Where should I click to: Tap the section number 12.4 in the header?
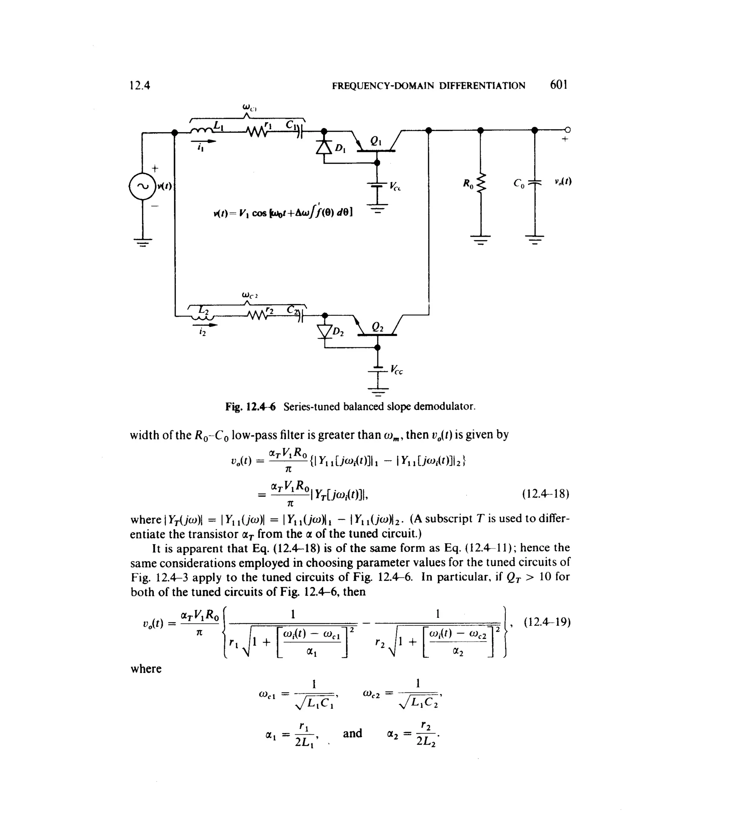(140, 85)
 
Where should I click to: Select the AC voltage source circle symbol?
(142, 186)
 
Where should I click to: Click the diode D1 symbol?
(324, 147)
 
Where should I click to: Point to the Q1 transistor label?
(376, 141)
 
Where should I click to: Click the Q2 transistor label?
(377, 327)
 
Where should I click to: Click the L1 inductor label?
(219, 125)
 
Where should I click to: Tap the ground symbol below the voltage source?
(143, 242)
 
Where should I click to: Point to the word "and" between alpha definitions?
(352, 733)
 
